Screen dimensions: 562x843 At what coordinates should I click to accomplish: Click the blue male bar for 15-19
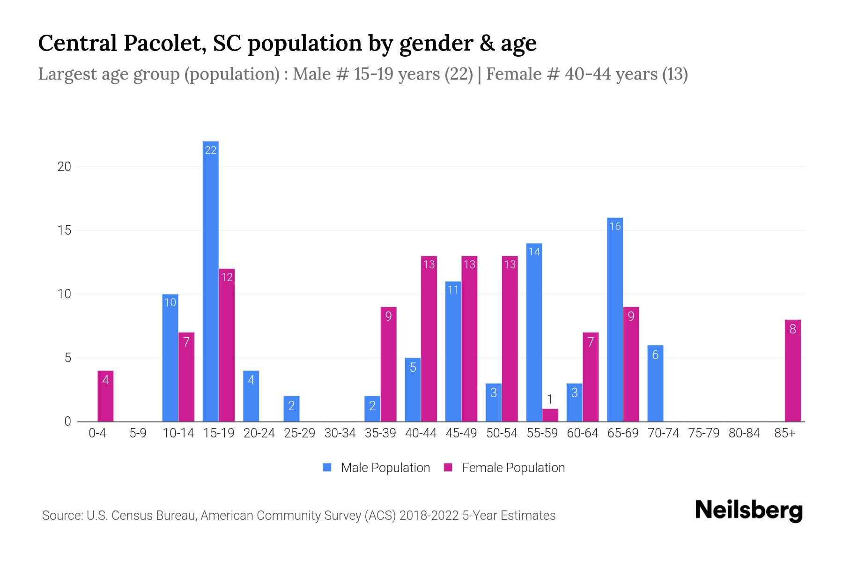211,281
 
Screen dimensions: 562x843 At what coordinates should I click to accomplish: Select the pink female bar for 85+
792,370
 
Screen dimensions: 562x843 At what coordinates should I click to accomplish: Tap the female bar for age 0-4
105,396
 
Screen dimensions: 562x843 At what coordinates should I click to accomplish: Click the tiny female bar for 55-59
550,415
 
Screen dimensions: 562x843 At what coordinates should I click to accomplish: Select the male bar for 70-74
655,383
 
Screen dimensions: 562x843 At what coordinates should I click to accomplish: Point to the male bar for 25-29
291,409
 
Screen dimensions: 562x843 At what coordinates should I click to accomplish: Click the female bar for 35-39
388,364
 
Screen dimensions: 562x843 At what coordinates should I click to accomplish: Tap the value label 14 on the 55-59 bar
534,251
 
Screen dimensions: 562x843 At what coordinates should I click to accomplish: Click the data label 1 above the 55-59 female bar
550,399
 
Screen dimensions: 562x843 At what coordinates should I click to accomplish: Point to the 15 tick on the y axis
64,230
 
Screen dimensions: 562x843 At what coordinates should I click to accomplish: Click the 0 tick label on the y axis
68,421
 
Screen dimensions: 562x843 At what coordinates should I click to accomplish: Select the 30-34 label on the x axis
340,433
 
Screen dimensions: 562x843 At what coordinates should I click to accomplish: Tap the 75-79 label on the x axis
703,433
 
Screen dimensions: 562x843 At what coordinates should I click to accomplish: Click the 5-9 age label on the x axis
138,433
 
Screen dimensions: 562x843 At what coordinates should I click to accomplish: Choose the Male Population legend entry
385,467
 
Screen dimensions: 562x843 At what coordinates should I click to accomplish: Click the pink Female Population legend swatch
448,467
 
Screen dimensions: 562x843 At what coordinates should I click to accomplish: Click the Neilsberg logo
748,510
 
